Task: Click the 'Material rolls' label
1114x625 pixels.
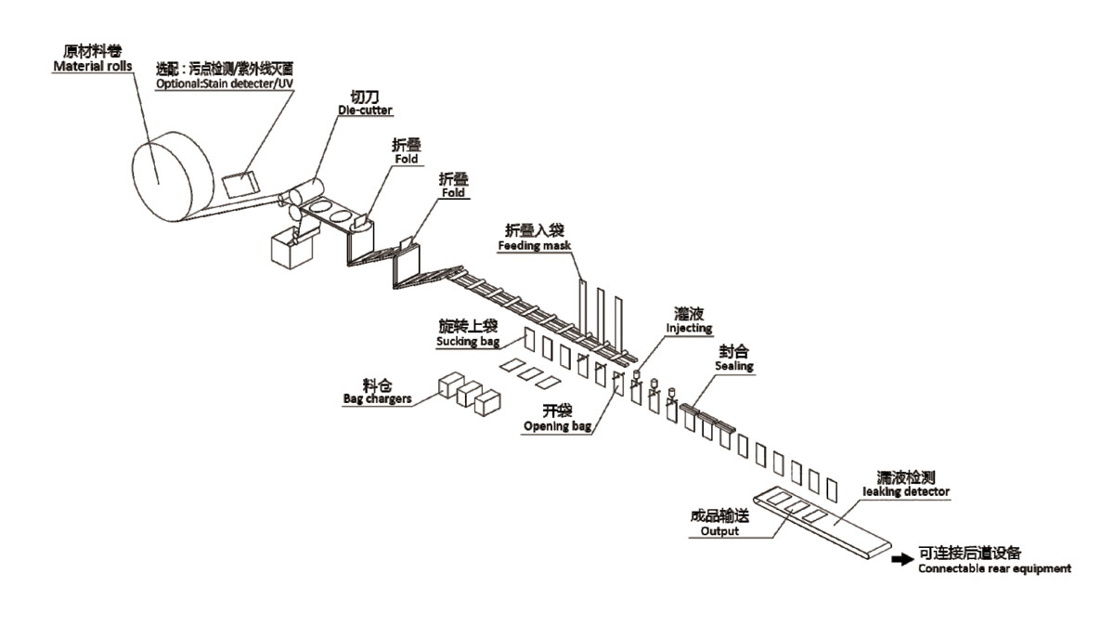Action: [x=90, y=67]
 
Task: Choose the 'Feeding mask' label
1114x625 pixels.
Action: [x=535, y=246]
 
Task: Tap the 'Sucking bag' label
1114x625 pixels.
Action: [x=468, y=342]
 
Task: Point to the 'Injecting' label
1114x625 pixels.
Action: [x=689, y=328]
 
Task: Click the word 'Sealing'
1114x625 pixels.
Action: [x=733, y=367]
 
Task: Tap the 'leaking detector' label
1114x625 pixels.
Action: [x=906, y=491]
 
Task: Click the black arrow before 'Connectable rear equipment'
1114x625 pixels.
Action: [x=901, y=559]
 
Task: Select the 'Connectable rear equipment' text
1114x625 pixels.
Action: [x=994, y=568]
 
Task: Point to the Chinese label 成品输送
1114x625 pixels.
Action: [x=716, y=515]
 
